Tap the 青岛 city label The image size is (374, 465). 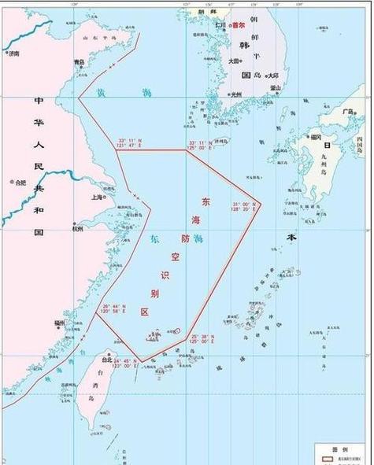pyautogui.click(x=79, y=62)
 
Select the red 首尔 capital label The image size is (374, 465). pyautogui.click(x=239, y=26)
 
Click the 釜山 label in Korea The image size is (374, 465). pyautogui.click(x=276, y=87)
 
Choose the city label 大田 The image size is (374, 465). pyautogui.click(x=235, y=61)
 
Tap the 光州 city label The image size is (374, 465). pyautogui.click(x=236, y=94)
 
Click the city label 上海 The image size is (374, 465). pyautogui.click(x=97, y=197)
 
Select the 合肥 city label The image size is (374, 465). pyautogui.click(x=20, y=183)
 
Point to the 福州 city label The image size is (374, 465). pyautogui.click(x=59, y=323)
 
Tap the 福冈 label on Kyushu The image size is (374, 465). pyautogui.click(x=316, y=136)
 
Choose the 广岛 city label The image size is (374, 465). pyautogui.click(x=347, y=112)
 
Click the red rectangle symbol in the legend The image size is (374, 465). pyautogui.click(x=324, y=457)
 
